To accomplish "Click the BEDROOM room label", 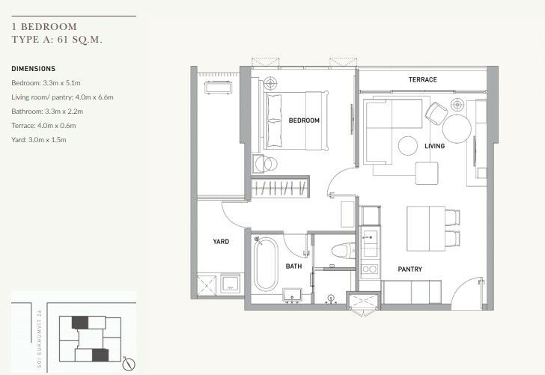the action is coord(304,121).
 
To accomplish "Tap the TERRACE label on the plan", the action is coord(423,79).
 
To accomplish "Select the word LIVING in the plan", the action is coord(434,146).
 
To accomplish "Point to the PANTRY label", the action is coord(409,269).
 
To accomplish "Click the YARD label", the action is coord(221,242).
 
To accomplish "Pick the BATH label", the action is coord(293,266).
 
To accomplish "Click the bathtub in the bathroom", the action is coord(266,264).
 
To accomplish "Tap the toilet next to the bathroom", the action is coord(343,250).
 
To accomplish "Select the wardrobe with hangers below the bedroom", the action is coord(280,188).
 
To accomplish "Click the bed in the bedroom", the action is coord(296,121).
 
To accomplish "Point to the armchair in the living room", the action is coord(436,112).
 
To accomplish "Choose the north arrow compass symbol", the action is coord(129,364).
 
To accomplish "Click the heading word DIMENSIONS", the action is coord(34,69).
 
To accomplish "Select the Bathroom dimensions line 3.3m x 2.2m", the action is coord(47,112).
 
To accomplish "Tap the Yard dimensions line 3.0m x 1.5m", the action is coord(39,140).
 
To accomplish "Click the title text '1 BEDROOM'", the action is coord(44,27).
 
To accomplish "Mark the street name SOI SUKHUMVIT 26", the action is coord(39,339).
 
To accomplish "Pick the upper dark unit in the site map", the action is coord(80,323).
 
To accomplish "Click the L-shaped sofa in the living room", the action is coord(393,132).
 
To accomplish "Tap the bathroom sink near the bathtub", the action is coord(292,295).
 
